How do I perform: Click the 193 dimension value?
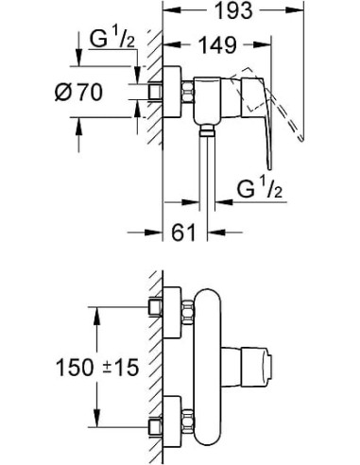(233, 10)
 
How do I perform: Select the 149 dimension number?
(218, 44)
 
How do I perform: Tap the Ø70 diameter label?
(78, 93)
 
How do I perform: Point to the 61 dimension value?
(183, 232)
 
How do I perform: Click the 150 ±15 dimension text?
(97, 367)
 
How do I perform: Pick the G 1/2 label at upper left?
(112, 39)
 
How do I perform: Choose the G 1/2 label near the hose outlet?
(260, 189)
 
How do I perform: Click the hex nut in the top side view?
(188, 92)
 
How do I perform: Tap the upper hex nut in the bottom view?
(188, 312)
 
